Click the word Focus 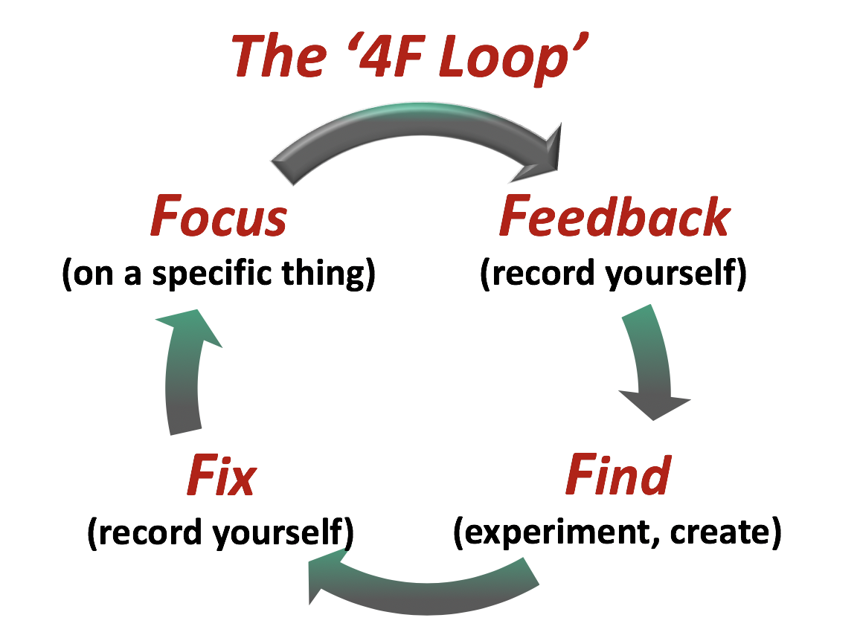219,217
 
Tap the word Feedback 614,217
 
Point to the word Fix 221,476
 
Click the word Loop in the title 506,57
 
